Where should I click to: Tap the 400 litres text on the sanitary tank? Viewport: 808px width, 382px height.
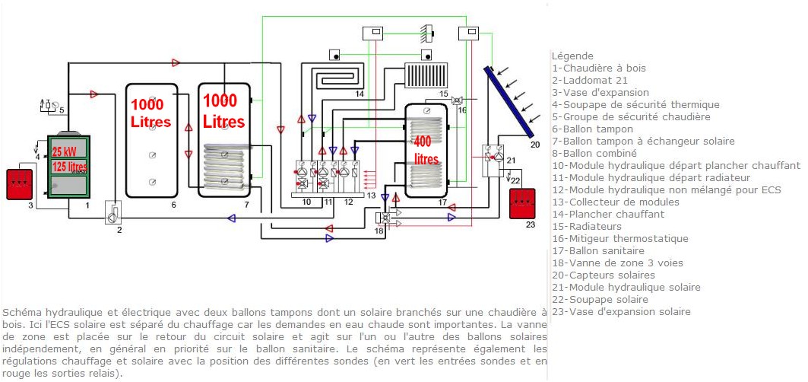point(426,150)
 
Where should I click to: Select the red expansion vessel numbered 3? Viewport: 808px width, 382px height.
point(17,183)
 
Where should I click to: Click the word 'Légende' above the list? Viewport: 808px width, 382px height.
point(572,56)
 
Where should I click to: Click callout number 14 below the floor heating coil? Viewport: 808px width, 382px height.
point(360,93)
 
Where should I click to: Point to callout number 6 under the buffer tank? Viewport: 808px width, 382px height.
point(173,205)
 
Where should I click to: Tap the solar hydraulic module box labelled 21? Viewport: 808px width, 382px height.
point(494,157)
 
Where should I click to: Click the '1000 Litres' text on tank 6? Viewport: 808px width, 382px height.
point(151,113)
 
